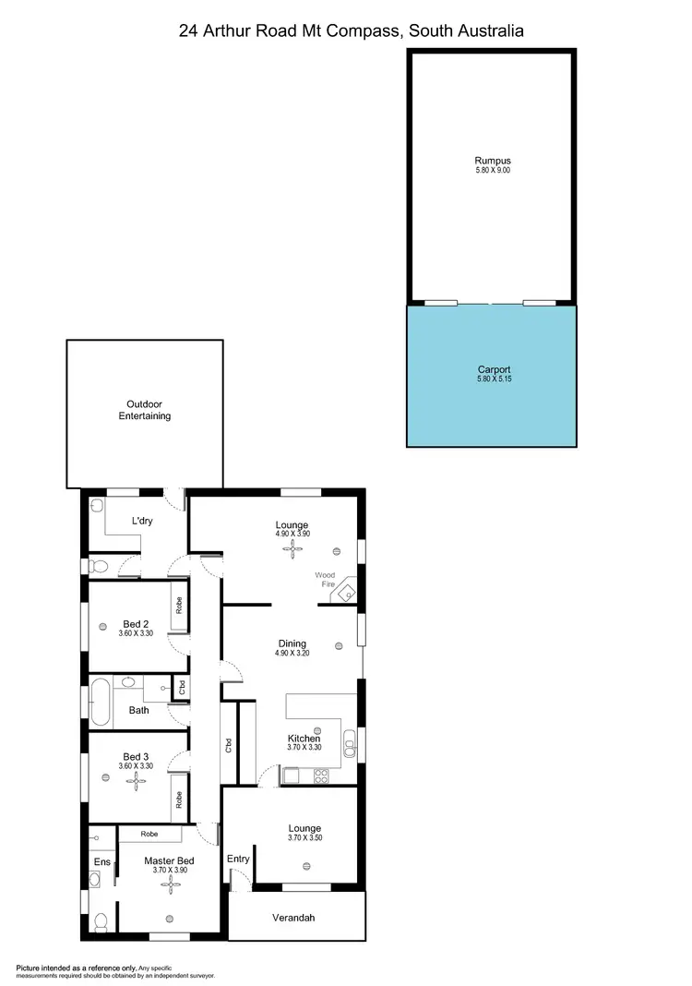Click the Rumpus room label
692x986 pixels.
point(492,161)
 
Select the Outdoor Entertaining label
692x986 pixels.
point(144,410)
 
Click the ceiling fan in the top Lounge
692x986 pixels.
point(293,550)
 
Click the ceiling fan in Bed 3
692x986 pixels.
point(137,782)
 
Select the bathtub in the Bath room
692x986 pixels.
point(101,703)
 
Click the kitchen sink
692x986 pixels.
point(350,741)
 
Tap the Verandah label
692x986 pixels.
point(293,918)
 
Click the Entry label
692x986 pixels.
point(238,859)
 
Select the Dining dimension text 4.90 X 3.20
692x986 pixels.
point(292,654)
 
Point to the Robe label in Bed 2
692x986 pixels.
point(179,606)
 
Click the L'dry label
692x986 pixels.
point(142,522)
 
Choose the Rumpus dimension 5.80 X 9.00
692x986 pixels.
point(492,171)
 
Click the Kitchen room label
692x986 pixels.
point(304,739)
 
